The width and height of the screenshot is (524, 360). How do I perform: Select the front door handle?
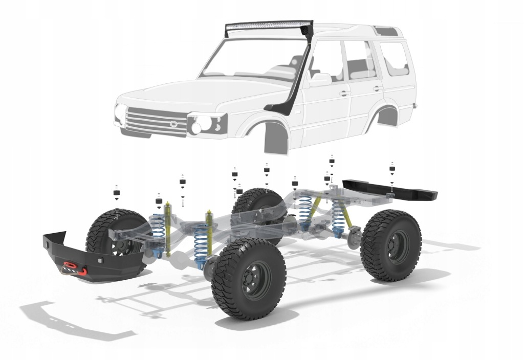(x=344, y=94)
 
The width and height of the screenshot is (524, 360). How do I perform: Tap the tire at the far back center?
(x=256, y=207)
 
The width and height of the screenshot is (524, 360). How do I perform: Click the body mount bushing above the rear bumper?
(x=392, y=168)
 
